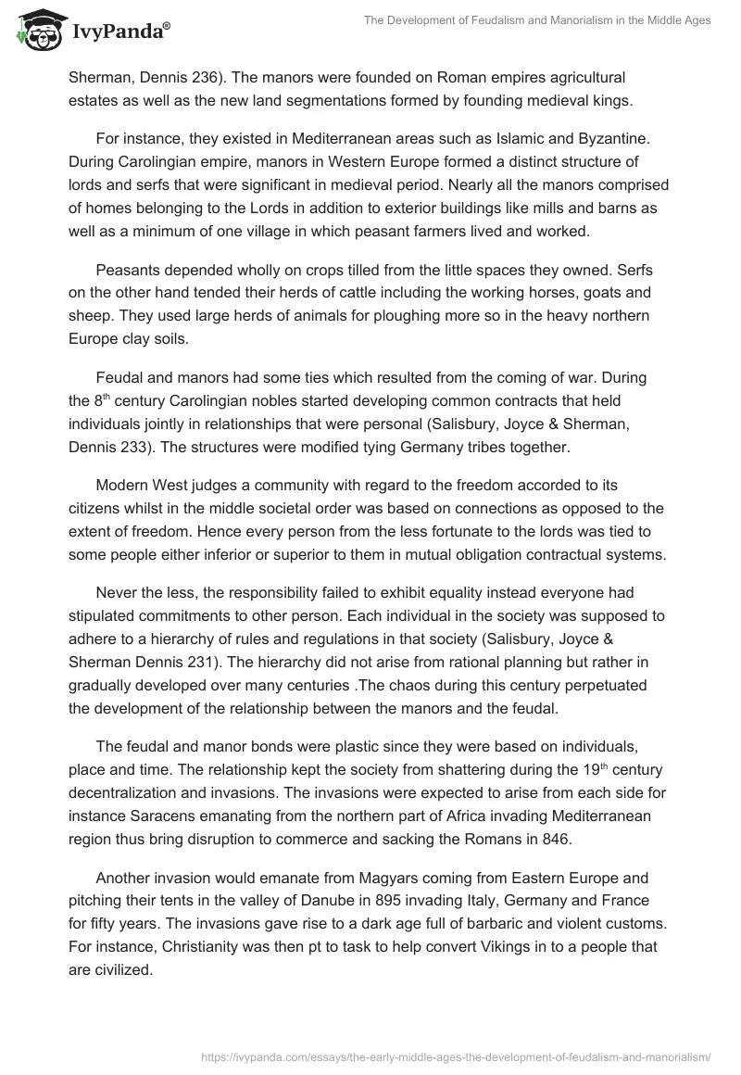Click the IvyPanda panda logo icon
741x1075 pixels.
[36, 29]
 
